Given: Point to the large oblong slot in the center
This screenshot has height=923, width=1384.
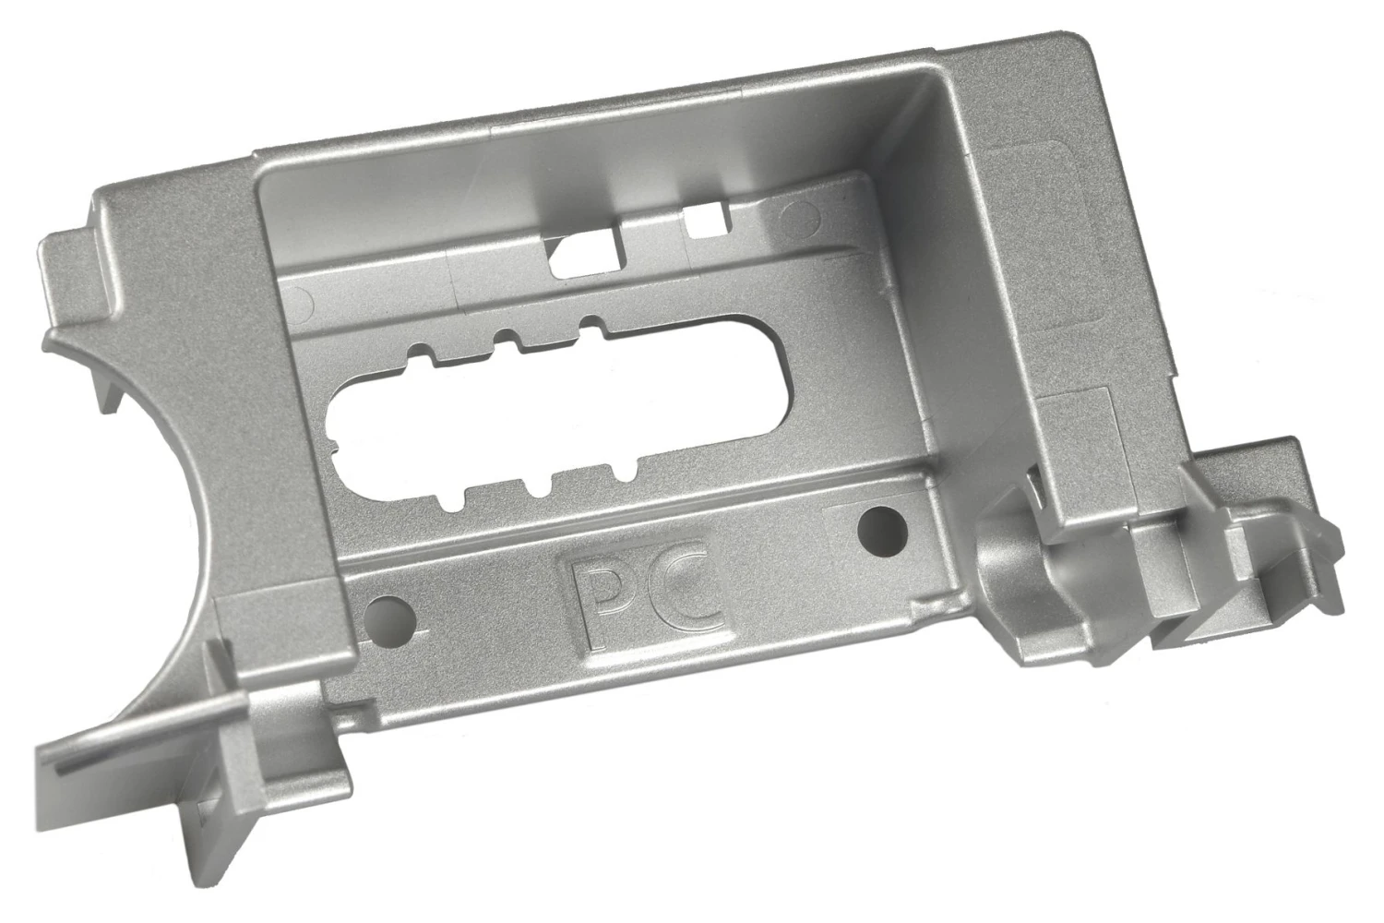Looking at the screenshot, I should [x=554, y=415].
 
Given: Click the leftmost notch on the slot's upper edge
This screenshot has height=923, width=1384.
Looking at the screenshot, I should [x=420, y=353].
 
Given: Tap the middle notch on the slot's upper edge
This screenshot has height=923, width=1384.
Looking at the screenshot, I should [x=507, y=335].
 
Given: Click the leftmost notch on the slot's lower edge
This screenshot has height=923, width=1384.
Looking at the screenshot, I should [x=455, y=502].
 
